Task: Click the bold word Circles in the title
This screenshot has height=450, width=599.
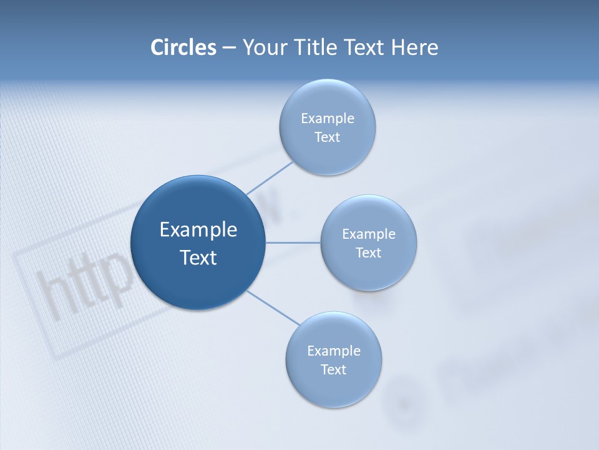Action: point(183,47)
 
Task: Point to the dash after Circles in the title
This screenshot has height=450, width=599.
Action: point(229,48)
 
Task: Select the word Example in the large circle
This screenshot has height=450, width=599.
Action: point(198,230)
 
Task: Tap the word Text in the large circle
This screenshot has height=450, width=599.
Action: point(198,257)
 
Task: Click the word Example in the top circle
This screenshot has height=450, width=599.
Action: point(328,119)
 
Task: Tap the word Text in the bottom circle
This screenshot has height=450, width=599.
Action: point(333,370)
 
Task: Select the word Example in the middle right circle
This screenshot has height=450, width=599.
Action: point(369,234)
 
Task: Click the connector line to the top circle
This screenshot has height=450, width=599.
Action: point(270,177)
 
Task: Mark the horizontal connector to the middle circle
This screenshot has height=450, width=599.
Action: point(293,242)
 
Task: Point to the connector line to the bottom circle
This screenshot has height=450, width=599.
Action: point(273,307)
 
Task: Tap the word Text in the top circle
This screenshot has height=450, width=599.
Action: point(327,137)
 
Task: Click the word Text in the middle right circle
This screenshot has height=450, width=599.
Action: point(368,253)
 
